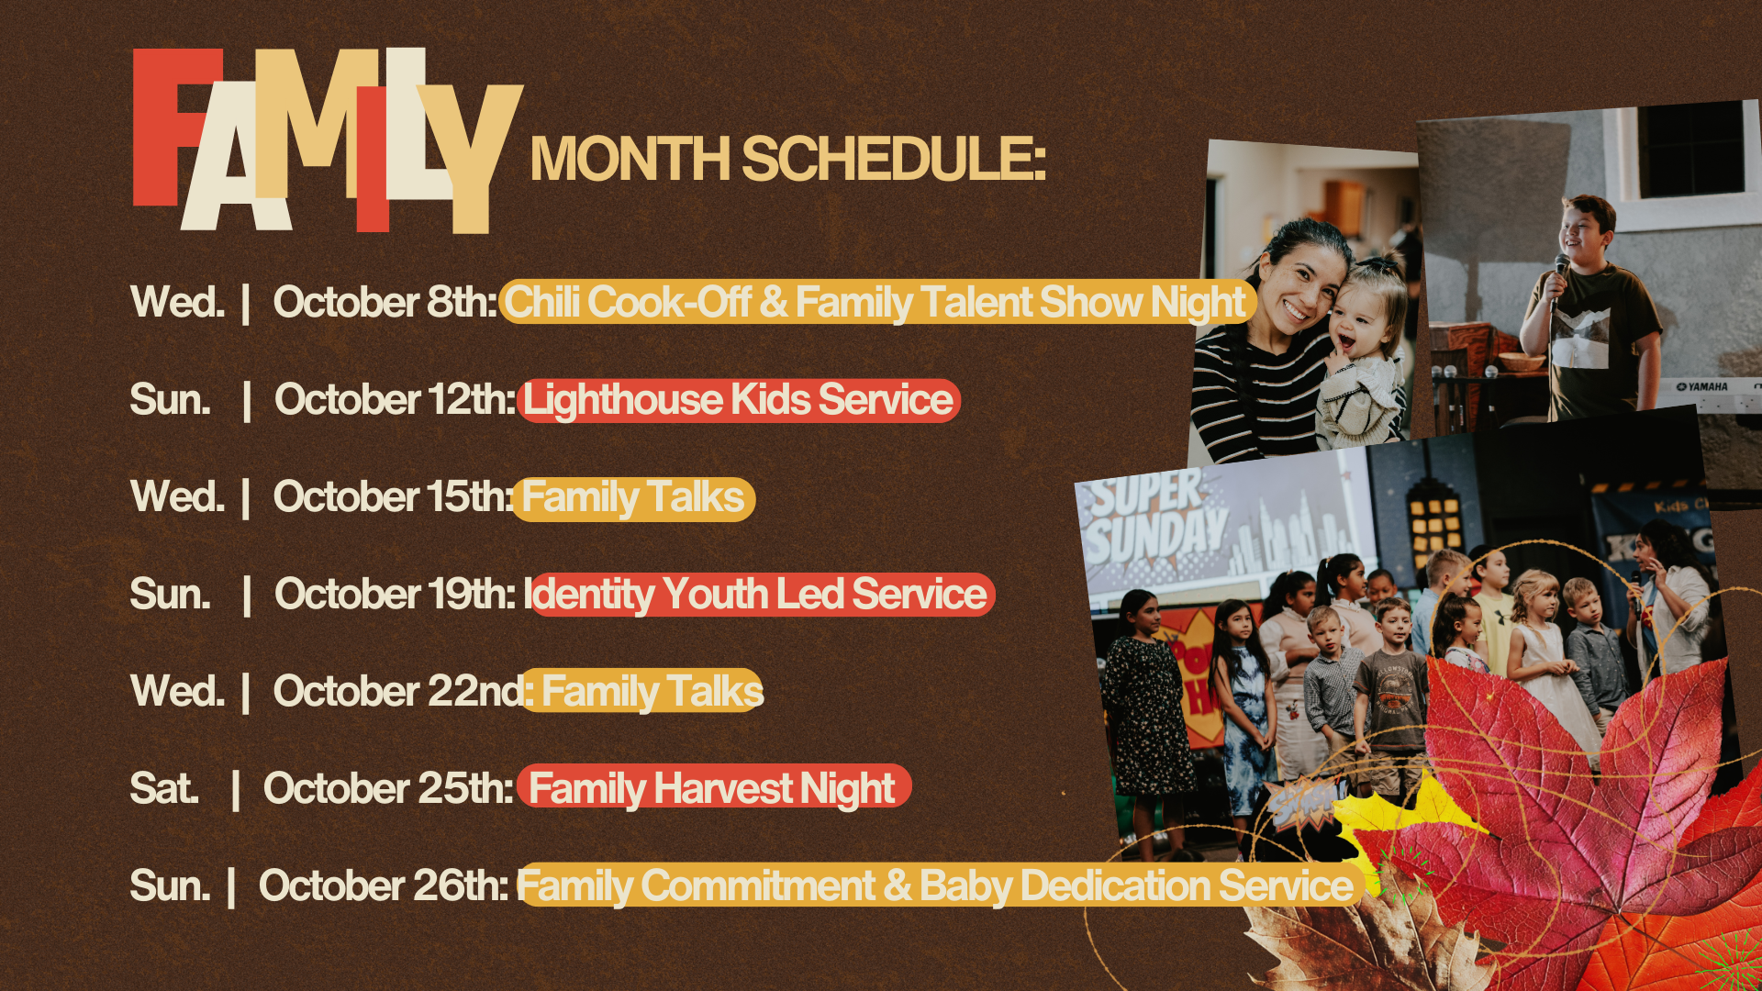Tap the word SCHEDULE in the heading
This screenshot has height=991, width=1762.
click(x=894, y=159)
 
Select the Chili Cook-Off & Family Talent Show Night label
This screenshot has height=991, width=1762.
click(x=877, y=302)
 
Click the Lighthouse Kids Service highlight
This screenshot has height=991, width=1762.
click(x=739, y=400)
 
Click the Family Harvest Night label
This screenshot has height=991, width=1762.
click(x=714, y=787)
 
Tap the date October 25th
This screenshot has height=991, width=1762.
click(x=388, y=788)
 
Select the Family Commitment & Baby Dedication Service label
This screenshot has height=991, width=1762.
click(x=938, y=885)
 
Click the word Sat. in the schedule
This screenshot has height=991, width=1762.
click(x=164, y=788)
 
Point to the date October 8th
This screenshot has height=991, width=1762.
click(x=385, y=302)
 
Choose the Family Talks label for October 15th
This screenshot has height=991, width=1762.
click(x=633, y=498)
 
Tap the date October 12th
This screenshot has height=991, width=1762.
click(x=396, y=399)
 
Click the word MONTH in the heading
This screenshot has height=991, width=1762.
click(x=630, y=159)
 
